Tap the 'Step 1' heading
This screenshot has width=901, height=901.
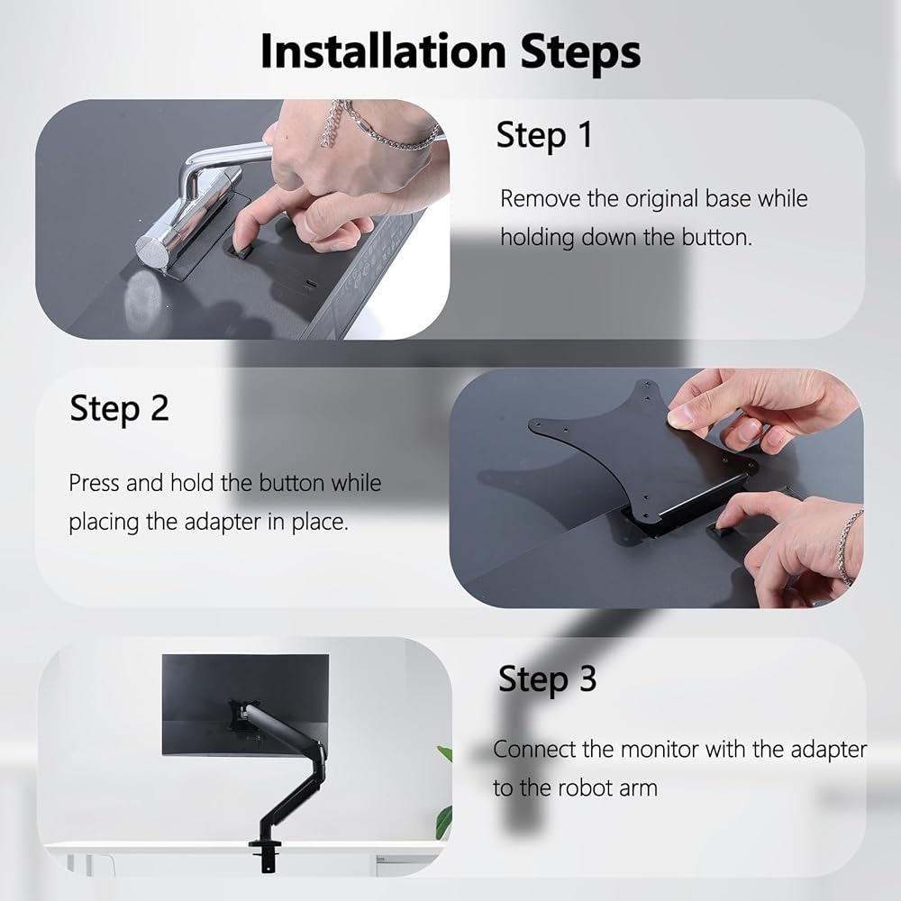(543, 136)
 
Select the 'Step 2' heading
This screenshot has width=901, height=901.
(120, 408)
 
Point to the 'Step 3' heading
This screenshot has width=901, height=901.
(547, 679)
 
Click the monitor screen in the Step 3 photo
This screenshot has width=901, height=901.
(245, 705)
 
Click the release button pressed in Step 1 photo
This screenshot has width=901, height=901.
(240, 251)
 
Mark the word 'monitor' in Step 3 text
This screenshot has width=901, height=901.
(660, 750)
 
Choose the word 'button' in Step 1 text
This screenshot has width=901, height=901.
(716, 237)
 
